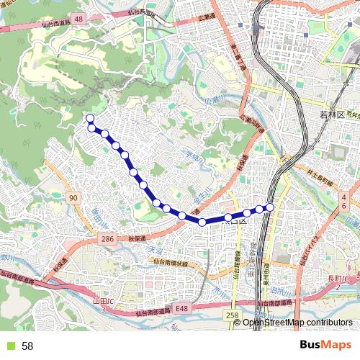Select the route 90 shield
coord(73,197)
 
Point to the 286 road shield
coord(107,238)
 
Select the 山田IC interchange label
coord(103,303)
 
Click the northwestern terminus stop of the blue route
coord(90,118)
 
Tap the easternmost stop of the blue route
coord(271,207)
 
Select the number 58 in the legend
coord(27,346)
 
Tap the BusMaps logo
coord(323,346)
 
